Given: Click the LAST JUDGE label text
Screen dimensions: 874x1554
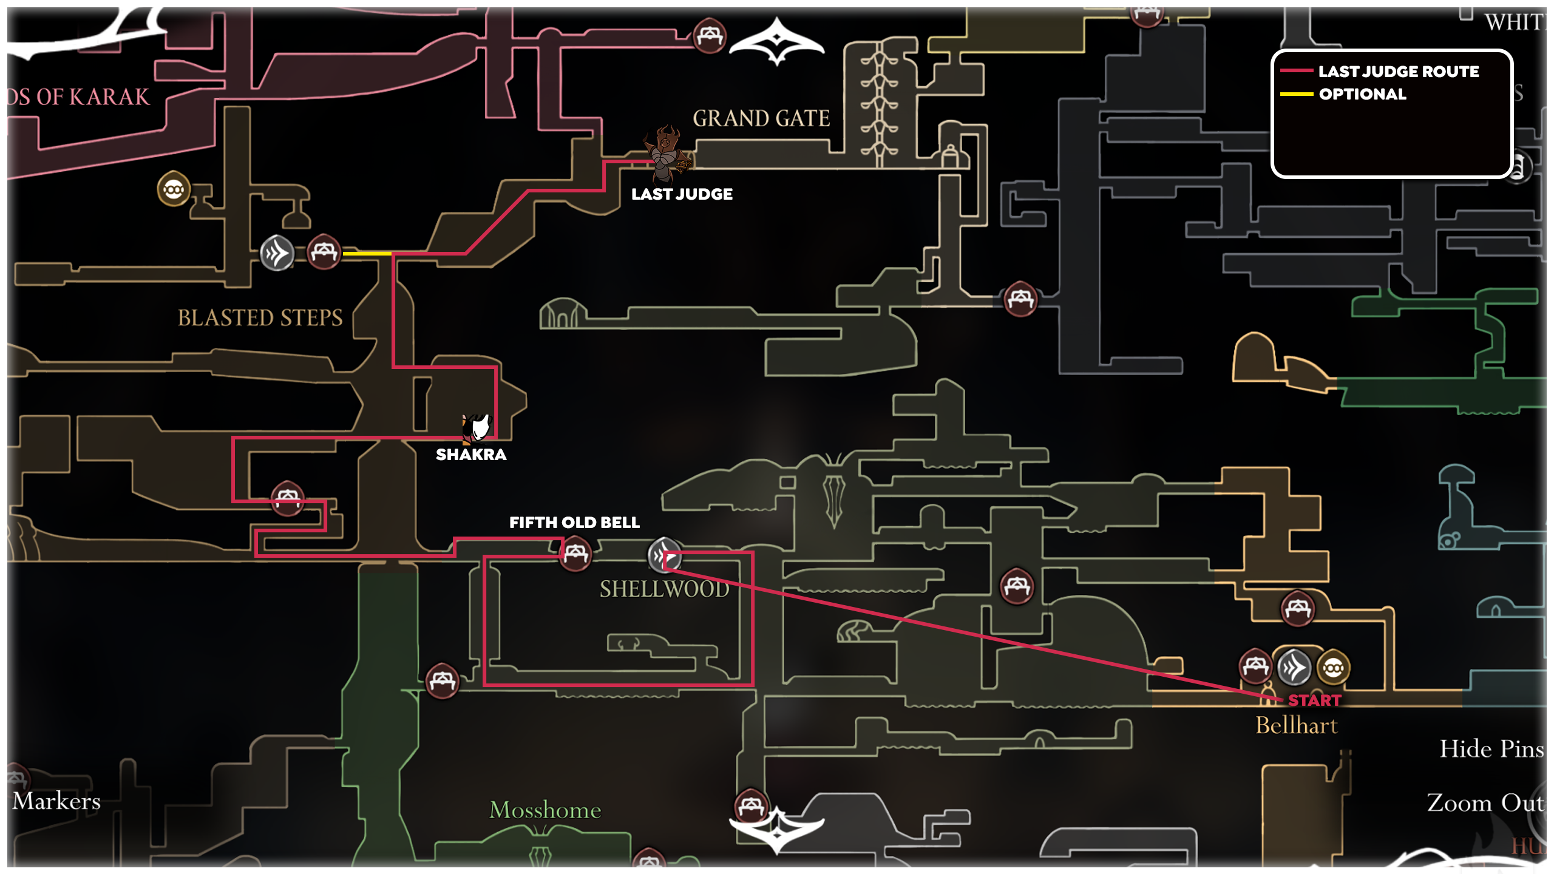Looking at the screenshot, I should pos(682,194).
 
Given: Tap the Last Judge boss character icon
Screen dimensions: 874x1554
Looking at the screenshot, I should pos(668,155).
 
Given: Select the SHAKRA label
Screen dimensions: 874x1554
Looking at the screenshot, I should pos(471,455).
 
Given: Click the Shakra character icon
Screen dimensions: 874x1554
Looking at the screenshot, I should pos(477,427).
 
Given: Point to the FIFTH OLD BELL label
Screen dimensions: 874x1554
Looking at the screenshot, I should pos(574,523).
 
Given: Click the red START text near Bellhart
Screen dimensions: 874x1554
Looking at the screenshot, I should pos(1315,700).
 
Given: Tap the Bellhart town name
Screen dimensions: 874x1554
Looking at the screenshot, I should pos(1297,726).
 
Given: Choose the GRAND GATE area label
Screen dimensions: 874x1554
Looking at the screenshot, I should pos(761,118).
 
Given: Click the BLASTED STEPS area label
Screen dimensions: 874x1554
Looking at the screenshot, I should pos(260,317).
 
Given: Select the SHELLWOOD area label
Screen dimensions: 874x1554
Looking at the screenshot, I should pos(664,589).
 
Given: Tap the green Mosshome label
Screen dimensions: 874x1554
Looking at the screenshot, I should pos(545,810).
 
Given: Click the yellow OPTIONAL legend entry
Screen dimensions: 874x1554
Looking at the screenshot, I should pos(1362,94).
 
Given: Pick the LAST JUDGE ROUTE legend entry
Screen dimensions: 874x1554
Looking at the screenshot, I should pos(1399,72).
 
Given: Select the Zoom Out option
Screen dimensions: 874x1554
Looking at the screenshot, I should pos(1485,803).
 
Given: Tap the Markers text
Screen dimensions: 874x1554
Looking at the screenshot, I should pos(56,801).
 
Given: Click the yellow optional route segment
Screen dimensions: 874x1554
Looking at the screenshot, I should pos(367,253).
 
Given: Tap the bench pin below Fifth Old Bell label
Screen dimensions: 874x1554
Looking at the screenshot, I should pos(575,554).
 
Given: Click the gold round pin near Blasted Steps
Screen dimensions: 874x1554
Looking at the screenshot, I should pos(174,189).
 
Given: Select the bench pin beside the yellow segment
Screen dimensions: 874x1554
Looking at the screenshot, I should pos(324,252).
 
